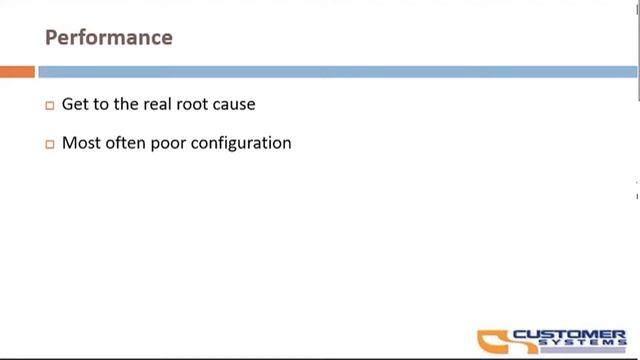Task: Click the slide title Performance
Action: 109,38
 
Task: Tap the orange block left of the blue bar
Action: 17,72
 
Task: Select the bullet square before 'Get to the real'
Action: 50,105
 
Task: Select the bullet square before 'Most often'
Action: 50,144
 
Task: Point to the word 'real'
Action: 158,104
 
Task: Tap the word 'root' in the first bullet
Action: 195,104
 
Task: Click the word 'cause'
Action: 235,104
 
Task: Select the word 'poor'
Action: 165,143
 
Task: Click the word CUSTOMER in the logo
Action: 569,334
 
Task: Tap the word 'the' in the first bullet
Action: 127,104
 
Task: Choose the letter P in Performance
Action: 51,38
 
